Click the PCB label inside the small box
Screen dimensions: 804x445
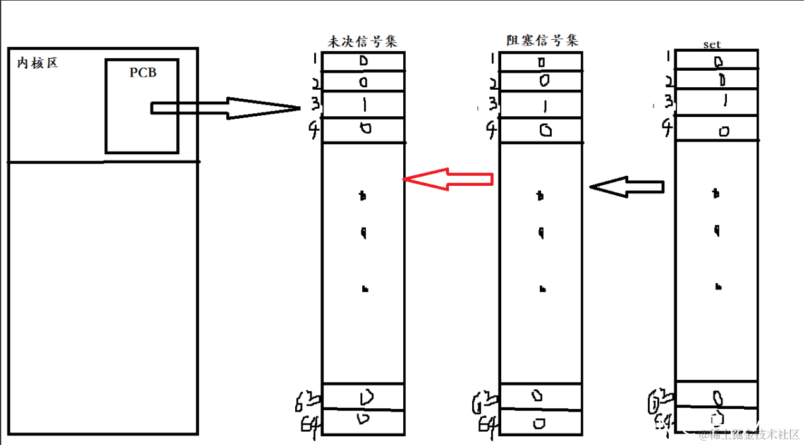coord(143,73)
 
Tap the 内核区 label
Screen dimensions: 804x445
coord(37,63)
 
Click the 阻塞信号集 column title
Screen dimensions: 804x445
coord(542,40)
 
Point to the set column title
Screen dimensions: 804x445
coord(712,45)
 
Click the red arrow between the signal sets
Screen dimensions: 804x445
coord(448,180)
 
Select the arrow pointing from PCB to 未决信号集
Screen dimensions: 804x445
coord(224,108)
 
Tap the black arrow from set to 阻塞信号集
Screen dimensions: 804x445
coord(626,186)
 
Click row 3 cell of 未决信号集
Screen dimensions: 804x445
coord(363,104)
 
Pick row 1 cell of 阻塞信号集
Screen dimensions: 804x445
coord(541,62)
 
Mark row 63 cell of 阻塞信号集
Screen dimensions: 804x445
coord(540,396)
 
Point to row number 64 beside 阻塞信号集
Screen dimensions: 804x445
coord(487,422)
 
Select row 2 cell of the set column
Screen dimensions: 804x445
coord(717,80)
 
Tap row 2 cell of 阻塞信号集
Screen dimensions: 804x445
coord(541,81)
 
